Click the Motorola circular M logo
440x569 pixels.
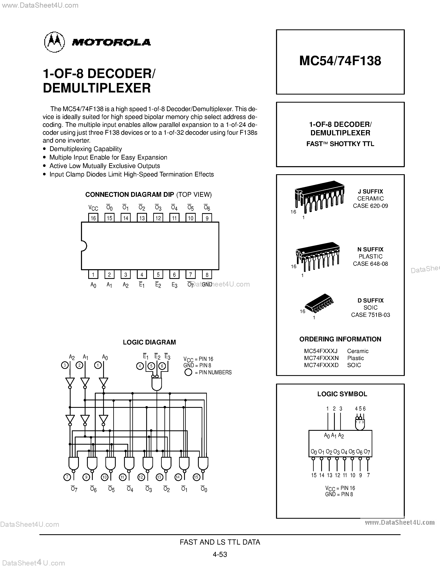54,42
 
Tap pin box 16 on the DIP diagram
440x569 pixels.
93,218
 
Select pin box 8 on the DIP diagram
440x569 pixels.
207,275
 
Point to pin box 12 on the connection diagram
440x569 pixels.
158,218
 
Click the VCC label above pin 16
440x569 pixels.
93,208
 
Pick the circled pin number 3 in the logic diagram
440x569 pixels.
65,365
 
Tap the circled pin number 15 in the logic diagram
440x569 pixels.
196,477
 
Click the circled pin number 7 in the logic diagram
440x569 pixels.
67,477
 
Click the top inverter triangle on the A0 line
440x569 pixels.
104,382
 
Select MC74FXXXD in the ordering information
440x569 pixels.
321,365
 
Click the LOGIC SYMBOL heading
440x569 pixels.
342,394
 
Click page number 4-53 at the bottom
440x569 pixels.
220,554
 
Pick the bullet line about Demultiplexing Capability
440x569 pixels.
86,149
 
